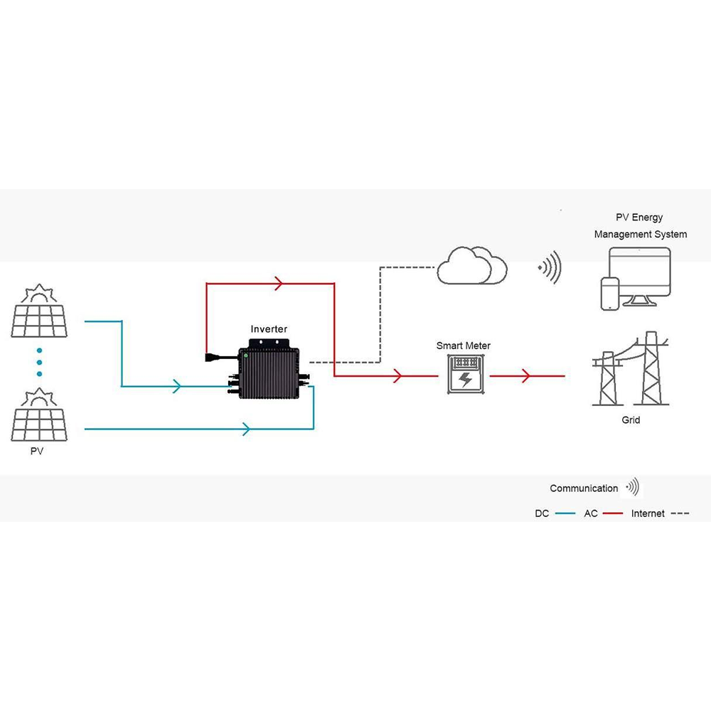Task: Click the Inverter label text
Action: pos(269,329)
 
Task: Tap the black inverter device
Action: pos(269,373)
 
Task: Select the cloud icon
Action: pos(472,267)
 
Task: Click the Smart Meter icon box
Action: pos(466,375)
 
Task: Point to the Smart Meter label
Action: pos(464,346)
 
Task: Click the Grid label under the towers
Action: pos(631,420)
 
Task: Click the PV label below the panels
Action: pos(37,451)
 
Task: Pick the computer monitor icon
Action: pos(636,274)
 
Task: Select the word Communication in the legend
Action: pos(584,488)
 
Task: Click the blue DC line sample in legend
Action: pos(565,513)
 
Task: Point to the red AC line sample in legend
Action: pos(613,513)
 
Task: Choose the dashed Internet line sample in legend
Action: pos(680,513)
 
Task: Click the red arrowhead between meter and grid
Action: pos(527,375)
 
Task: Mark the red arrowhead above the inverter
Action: pos(279,284)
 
